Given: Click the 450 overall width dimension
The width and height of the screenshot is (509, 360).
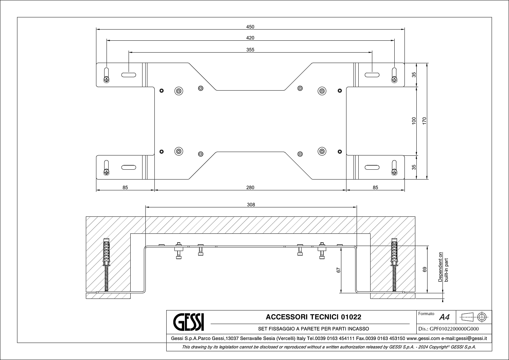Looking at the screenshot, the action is [x=250, y=27].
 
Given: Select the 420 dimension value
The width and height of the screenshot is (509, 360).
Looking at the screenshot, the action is [x=250, y=38].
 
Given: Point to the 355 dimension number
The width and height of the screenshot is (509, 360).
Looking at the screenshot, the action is [x=250, y=50].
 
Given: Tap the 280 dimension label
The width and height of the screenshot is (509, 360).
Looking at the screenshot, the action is [x=250, y=188].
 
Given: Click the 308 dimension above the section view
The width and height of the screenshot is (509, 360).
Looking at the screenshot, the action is [x=251, y=205].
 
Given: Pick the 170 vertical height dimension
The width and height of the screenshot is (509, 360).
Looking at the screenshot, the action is [x=424, y=121].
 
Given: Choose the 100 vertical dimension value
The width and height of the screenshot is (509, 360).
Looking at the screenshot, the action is [x=414, y=121].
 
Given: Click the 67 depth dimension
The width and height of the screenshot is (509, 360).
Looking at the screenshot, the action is [x=338, y=270].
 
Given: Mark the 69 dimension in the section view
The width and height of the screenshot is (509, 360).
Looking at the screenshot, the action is [x=425, y=269].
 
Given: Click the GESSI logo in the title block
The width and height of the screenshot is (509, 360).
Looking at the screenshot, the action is [x=189, y=322].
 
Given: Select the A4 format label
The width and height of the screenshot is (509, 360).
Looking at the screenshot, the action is [x=444, y=317].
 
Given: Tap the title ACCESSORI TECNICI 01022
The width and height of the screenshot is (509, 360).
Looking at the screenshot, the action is [x=313, y=317].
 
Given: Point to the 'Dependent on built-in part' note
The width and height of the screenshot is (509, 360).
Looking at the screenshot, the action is [x=443, y=267].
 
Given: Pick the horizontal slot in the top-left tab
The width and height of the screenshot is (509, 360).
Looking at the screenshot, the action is [x=129, y=75].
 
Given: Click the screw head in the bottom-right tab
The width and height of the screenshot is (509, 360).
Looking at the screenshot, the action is [x=394, y=172].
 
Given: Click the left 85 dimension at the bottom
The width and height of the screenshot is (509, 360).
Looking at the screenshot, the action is [x=125, y=188].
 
